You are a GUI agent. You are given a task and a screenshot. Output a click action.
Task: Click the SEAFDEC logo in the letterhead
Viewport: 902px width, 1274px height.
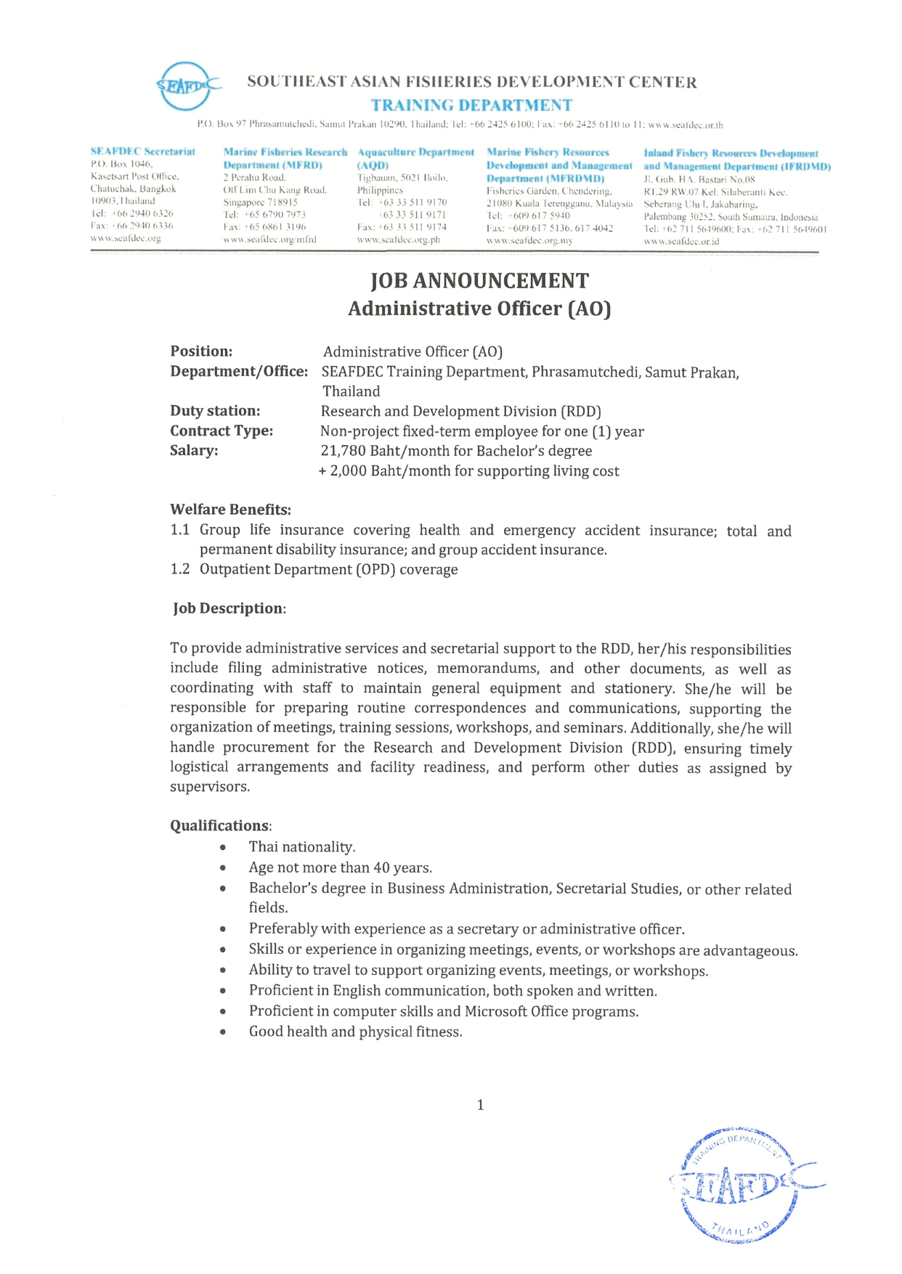186,86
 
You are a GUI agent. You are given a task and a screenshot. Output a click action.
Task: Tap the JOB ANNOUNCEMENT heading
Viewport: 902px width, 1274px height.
479,281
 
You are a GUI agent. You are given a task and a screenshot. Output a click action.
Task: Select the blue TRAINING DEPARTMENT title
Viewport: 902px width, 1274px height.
471,105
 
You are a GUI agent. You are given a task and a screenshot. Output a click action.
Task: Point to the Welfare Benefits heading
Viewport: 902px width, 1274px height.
230,510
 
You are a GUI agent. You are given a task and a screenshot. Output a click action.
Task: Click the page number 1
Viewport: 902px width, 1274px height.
480,1105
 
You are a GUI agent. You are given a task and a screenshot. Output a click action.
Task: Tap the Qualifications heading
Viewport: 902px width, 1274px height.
219,825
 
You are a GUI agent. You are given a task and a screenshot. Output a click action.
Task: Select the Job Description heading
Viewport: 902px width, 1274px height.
229,608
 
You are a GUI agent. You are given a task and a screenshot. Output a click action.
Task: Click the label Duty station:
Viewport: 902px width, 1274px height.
215,411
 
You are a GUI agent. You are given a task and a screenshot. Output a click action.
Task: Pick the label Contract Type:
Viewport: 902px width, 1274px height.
222,430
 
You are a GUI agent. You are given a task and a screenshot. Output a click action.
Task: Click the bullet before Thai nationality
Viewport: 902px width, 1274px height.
223,847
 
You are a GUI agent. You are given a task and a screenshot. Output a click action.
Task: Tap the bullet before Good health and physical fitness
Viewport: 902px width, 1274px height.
223,1032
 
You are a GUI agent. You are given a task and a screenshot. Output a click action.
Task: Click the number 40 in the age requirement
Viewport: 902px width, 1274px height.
381,867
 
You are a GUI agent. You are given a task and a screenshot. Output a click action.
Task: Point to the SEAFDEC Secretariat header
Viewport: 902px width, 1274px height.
143,152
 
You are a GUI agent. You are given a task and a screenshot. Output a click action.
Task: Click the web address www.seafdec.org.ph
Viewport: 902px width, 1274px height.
398,240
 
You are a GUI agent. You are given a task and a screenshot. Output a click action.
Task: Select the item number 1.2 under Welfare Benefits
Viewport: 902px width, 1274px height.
179,569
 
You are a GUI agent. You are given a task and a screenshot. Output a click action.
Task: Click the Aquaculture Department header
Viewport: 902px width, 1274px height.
415,152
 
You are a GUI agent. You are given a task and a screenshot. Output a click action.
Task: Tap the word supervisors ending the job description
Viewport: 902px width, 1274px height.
208,787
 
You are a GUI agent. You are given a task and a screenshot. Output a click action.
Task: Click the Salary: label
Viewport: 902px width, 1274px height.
194,450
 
